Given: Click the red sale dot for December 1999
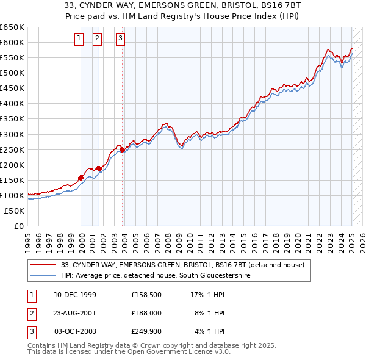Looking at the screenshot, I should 81,178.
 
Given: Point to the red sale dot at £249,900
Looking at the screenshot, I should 122,149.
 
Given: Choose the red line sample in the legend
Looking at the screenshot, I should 43,264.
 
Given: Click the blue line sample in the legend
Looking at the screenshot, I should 43,275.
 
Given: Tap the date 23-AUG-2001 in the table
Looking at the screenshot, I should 75,314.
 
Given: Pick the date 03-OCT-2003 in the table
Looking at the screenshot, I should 75,331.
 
